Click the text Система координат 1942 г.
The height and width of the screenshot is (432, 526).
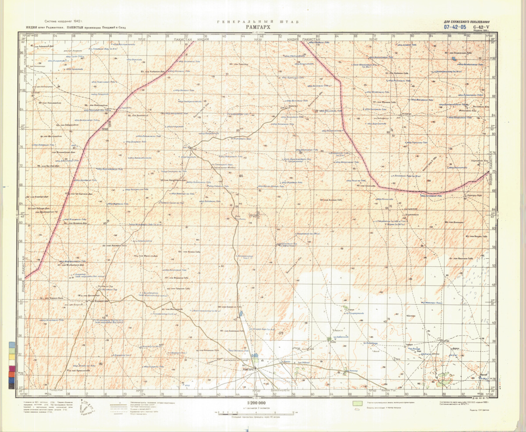pos(64,21)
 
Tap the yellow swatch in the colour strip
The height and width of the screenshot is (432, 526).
pos(11,346)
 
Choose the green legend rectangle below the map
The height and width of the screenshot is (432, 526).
pos(358,402)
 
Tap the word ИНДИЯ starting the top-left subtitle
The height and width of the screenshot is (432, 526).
pos(32,27)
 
